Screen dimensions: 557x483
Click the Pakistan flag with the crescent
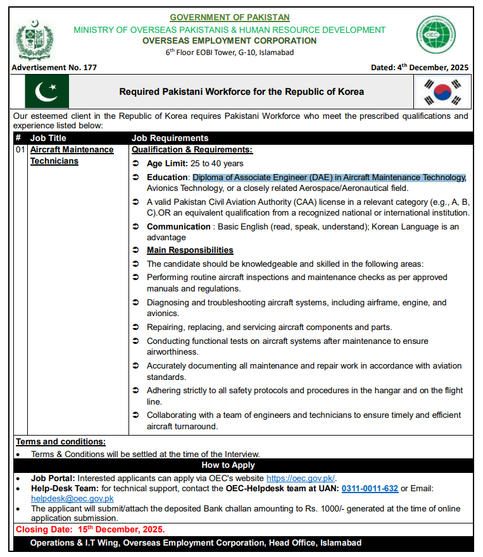(47, 92)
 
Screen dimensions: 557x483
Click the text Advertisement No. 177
(54, 68)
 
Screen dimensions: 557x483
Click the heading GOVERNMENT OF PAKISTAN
(229, 18)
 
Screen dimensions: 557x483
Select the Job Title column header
(48, 138)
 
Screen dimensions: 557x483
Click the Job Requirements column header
(170, 138)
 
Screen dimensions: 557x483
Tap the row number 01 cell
(20, 150)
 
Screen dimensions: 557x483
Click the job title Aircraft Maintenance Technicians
(72, 156)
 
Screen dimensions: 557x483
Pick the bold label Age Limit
(166, 164)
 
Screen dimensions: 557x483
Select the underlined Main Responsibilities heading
(190, 250)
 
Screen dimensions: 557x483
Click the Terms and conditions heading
(61, 442)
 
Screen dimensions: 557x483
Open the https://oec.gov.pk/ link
(301, 478)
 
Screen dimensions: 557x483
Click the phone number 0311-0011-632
(370, 488)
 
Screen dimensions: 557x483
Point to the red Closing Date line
(91, 529)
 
